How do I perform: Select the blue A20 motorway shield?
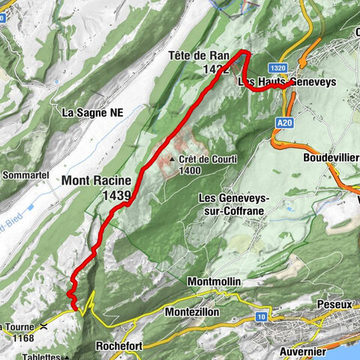(x=283, y=120)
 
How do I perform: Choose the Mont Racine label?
(x=96, y=181)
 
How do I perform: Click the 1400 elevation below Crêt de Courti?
(x=189, y=171)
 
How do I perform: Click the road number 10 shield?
(x=260, y=317)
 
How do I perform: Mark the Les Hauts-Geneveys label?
(x=274, y=81)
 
